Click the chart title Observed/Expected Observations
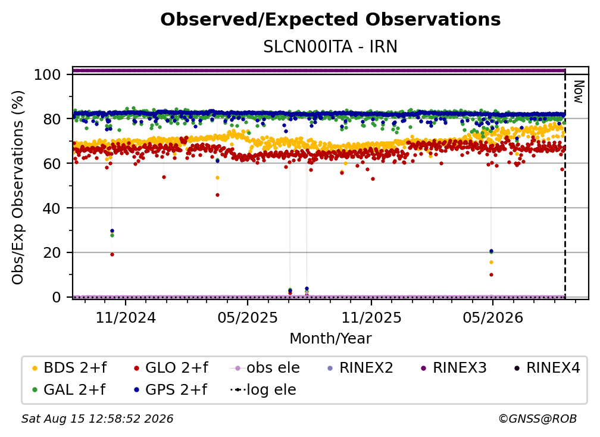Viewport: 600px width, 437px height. coord(330,20)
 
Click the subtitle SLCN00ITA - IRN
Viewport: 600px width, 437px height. coord(330,47)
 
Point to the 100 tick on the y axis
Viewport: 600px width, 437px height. coord(47,74)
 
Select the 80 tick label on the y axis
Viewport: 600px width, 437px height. coord(52,119)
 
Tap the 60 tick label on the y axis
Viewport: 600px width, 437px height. coord(52,164)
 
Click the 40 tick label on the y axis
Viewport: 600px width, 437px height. coord(52,208)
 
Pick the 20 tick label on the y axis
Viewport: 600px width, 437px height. coord(52,253)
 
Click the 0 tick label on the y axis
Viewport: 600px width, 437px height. coord(56,297)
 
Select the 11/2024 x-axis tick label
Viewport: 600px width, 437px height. coord(126,317)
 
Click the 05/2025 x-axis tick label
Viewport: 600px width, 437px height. coord(248,317)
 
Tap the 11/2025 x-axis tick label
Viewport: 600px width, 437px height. coord(371,317)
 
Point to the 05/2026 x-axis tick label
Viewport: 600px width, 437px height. coord(493,317)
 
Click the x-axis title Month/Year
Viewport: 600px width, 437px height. coord(330,339)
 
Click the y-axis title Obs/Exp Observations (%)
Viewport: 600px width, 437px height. coord(18,188)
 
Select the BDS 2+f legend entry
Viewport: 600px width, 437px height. coord(70,368)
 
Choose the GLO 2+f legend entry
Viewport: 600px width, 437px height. coord(171,368)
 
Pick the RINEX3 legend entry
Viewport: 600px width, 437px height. coord(454,368)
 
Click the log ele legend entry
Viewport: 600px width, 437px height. coord(263,390)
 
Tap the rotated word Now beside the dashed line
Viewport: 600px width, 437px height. coord(579,92)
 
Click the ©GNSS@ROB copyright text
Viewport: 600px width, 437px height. coord(537,419)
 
